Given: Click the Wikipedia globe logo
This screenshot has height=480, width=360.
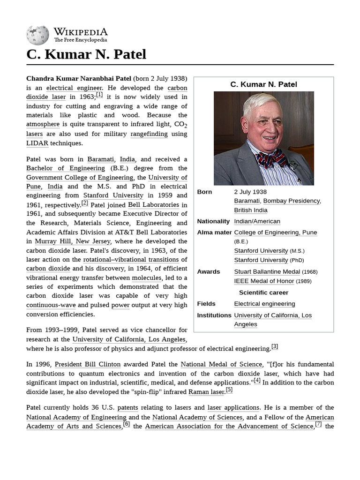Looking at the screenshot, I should [38, 35].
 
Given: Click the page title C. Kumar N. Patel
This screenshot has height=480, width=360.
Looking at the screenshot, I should [86, 54].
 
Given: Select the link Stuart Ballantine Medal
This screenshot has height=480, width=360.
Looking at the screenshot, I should [267, 271].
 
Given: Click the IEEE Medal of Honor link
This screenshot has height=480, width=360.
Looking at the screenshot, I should [264, 281].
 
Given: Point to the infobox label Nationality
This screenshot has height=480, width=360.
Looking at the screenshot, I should [213, 221].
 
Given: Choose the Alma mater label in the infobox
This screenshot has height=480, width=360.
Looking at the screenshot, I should [214, 232].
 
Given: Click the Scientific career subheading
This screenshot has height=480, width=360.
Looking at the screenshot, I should [263, 292].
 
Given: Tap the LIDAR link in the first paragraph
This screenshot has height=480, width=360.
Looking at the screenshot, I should [37, 143].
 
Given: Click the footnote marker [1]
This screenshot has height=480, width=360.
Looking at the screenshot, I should [99, 95].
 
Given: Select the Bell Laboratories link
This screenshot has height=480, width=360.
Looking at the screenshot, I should [153, 205].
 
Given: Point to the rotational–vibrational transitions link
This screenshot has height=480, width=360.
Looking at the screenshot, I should [131, 260].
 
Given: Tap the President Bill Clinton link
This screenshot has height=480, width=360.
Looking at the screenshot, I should [88, 364].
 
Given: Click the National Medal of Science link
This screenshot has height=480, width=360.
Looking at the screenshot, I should [221, 364].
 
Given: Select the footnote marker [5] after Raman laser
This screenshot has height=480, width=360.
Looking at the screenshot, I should [229, 390].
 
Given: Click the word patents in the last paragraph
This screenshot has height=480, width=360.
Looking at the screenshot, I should [127, 408].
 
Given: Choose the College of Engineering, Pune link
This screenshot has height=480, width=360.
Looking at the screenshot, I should [276, 232].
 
